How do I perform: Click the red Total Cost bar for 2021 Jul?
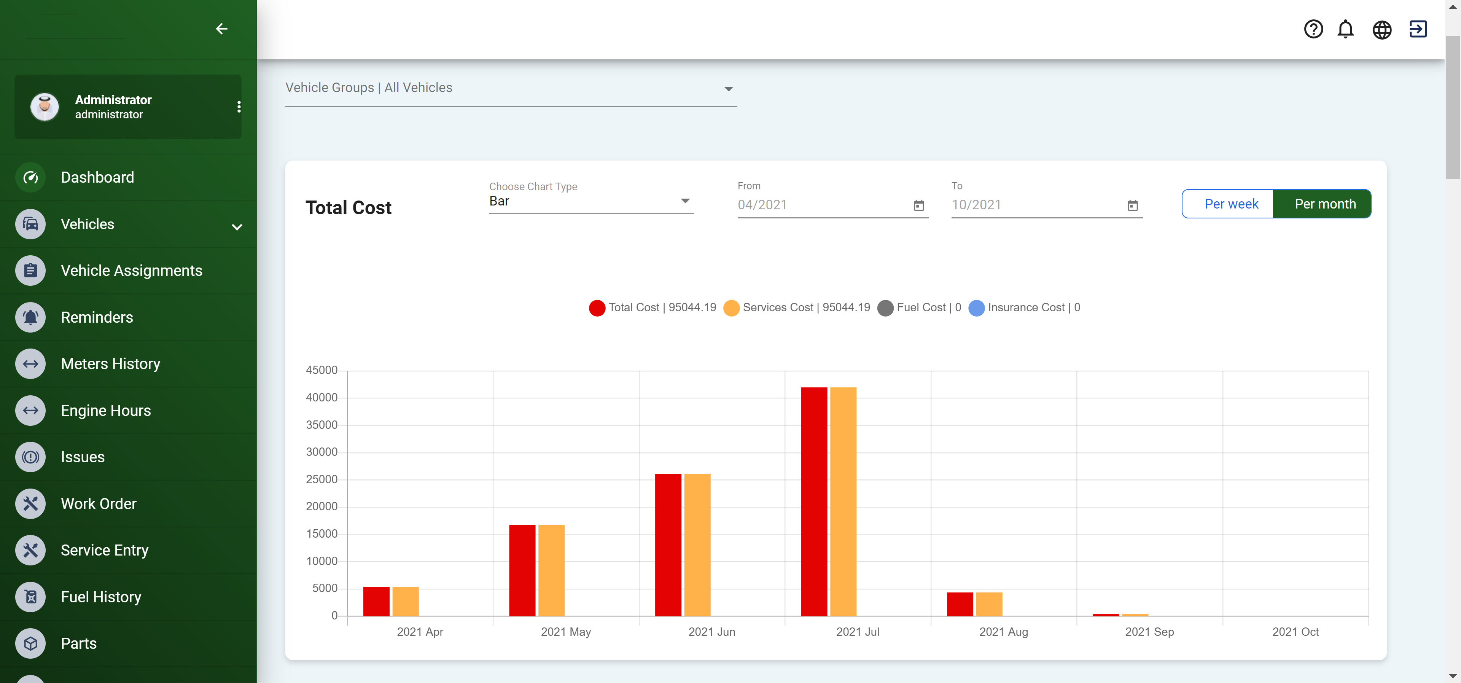[x=814, y=502]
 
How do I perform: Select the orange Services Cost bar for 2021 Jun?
[x=697, y=544]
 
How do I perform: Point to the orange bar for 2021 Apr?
[x=406, y=601]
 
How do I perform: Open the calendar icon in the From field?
[x=919, y=205]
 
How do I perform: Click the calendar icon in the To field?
[x=1133, y=205]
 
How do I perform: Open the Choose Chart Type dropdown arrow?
[x=685, y=201]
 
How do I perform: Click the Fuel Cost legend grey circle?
[x=885, y=308]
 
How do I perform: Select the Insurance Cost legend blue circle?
[x=976, y=308]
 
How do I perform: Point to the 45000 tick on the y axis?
[x=321, y=370]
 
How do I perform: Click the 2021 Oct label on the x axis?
[x=1295, y=631]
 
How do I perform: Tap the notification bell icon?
[x=1345, y=29]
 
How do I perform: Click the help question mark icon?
[x=1313, y=29]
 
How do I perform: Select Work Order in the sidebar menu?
[x=99, y=504]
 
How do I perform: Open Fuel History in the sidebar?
[x=101, y=597]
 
